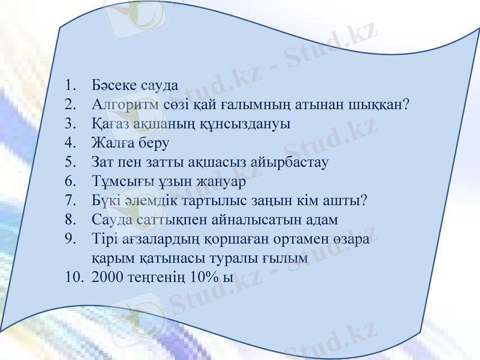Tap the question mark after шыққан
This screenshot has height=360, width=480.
(x=406, y=104)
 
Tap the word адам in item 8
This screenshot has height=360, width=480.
(x=320, y=220)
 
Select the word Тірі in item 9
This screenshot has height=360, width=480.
(x=105, y=239)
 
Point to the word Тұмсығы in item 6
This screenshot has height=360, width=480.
(x=118, y=181)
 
